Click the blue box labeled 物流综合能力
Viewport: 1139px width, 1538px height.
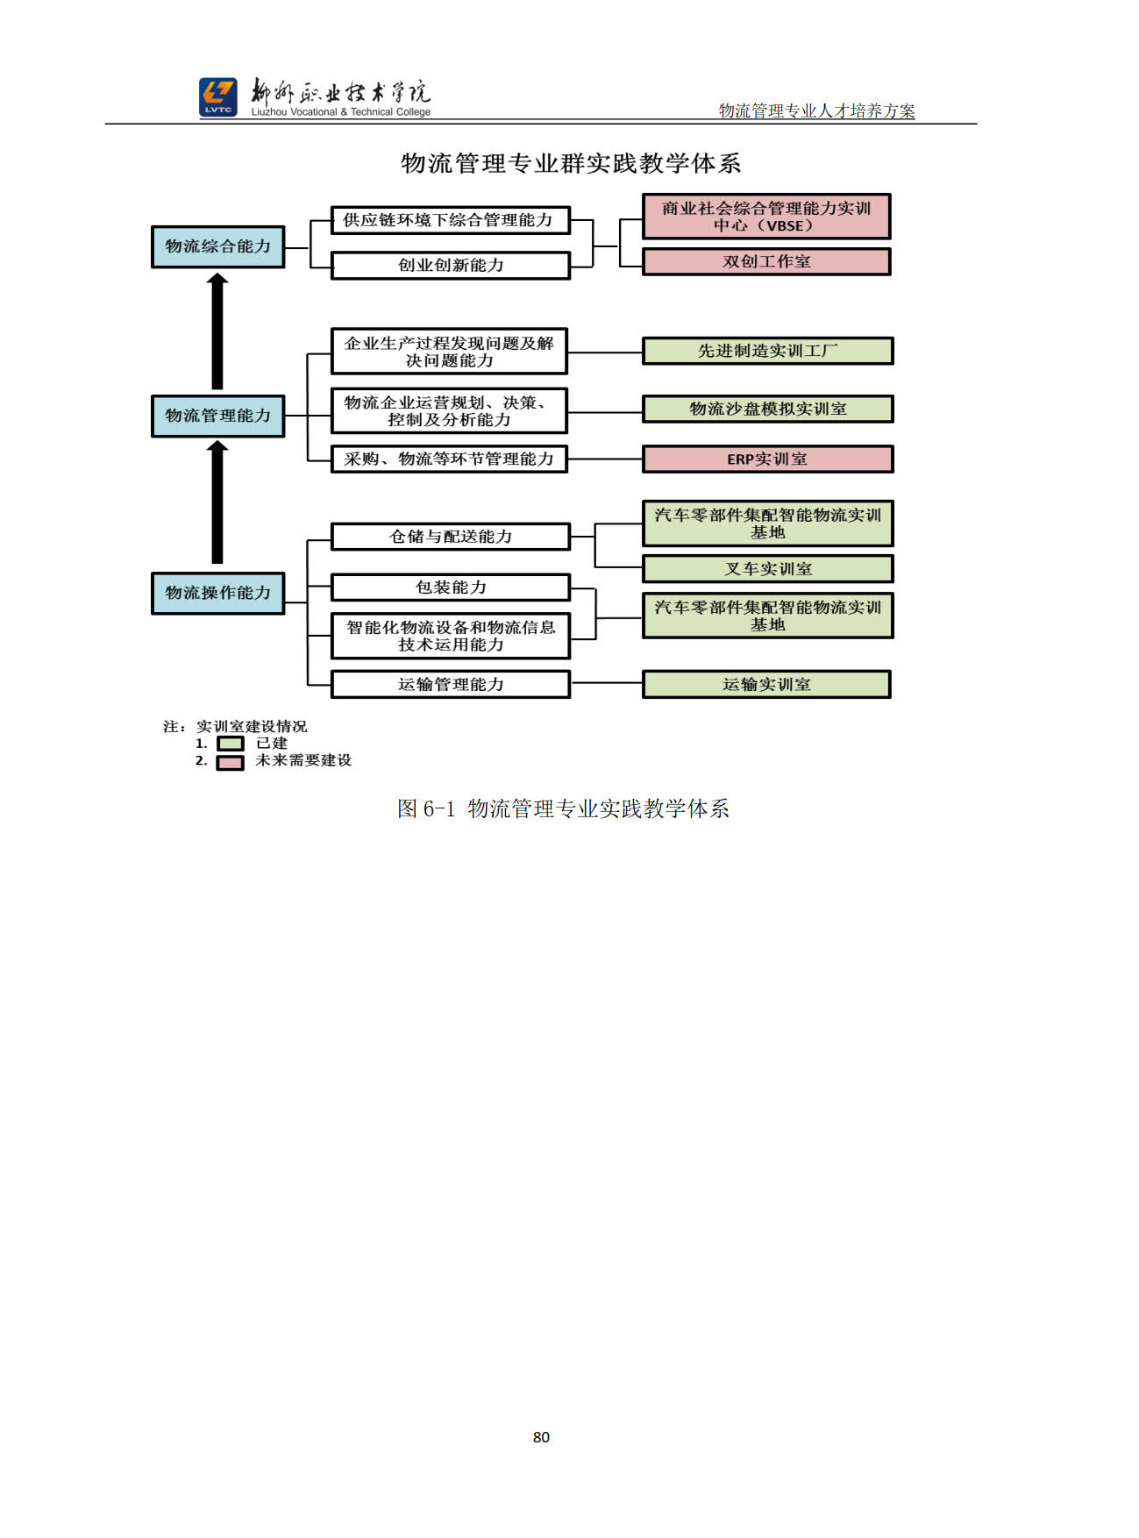[x=217, y=246]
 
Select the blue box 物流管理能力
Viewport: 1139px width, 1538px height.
[x=217, y=416]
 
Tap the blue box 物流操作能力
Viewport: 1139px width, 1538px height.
[x=217, y=593]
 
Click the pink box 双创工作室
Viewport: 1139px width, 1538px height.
[x=766, y=261]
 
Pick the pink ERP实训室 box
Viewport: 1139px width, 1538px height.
[x=767, y=459]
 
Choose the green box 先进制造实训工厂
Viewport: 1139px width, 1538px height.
[x=767, y=351]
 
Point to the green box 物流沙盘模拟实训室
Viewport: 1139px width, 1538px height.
[x=767, y=409]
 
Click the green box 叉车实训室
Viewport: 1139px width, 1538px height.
[x=767, y=568]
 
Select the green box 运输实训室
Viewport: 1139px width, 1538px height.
[x=766, y=684]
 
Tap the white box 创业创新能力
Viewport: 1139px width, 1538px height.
[x=450, y=265]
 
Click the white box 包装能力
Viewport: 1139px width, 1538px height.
[x=450, y=587]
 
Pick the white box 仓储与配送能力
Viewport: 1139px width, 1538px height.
[x=450, y=536]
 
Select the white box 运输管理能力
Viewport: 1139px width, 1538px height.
[x=450, y=684]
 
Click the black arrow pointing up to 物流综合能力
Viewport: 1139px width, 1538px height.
[x=217, y=331]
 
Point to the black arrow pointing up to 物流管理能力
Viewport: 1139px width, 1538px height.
[x=217, y=502]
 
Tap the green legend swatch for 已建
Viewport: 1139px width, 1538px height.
[x=231, y=744]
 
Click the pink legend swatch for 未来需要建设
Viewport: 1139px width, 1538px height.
[x=231, y=762]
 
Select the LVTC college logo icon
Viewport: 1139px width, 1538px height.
[x=217, y=96]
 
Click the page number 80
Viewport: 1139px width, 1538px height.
[x=541, y=1437]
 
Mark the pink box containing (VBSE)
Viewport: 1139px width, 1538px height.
[x=766, y=216]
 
